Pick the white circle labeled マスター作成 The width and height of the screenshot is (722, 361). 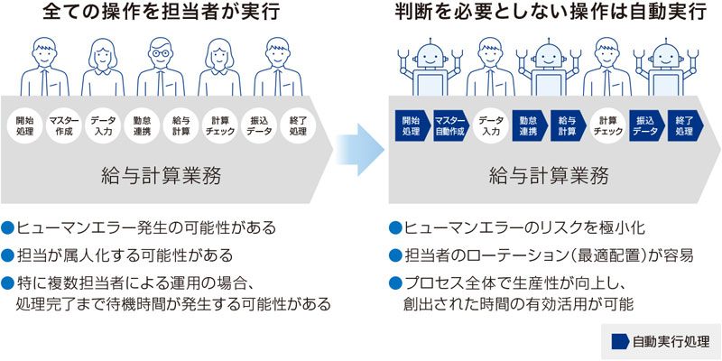[64, 125]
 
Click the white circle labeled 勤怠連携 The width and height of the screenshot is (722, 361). [142, 125]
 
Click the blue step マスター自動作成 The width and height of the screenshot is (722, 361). [449, 125]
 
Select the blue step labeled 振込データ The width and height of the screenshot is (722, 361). [644, 125]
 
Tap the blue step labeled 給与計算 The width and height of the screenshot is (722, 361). [567, 125]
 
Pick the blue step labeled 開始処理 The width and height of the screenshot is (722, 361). [411, 125]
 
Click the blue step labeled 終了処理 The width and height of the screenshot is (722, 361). [683, 125]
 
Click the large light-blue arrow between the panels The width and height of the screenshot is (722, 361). [358, 146]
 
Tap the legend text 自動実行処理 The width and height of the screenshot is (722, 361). [671, 342]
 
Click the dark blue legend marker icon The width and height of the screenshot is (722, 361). [621, 342]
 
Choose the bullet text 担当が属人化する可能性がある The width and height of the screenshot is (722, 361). [124, 255]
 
